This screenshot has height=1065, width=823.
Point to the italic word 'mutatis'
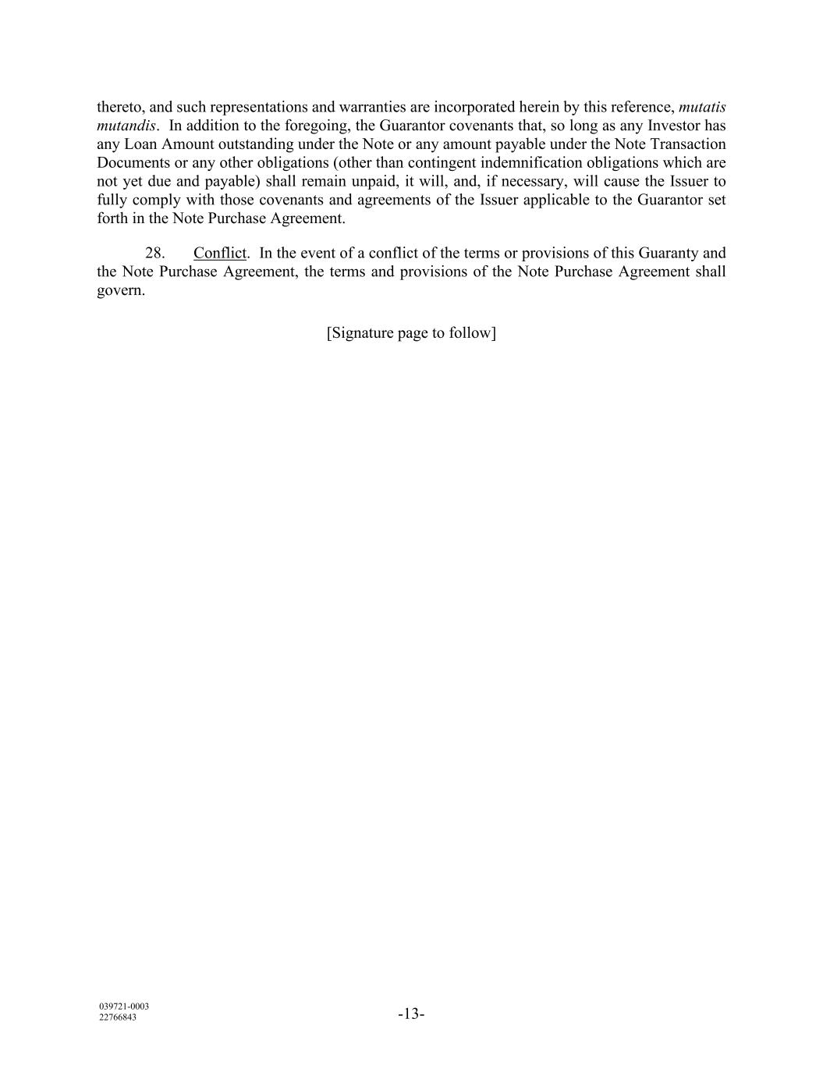(702, 107)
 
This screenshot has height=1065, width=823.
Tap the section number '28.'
(154, 254)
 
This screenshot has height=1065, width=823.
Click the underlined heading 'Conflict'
(220, 254)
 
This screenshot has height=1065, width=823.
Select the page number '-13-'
(411, 1014)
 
